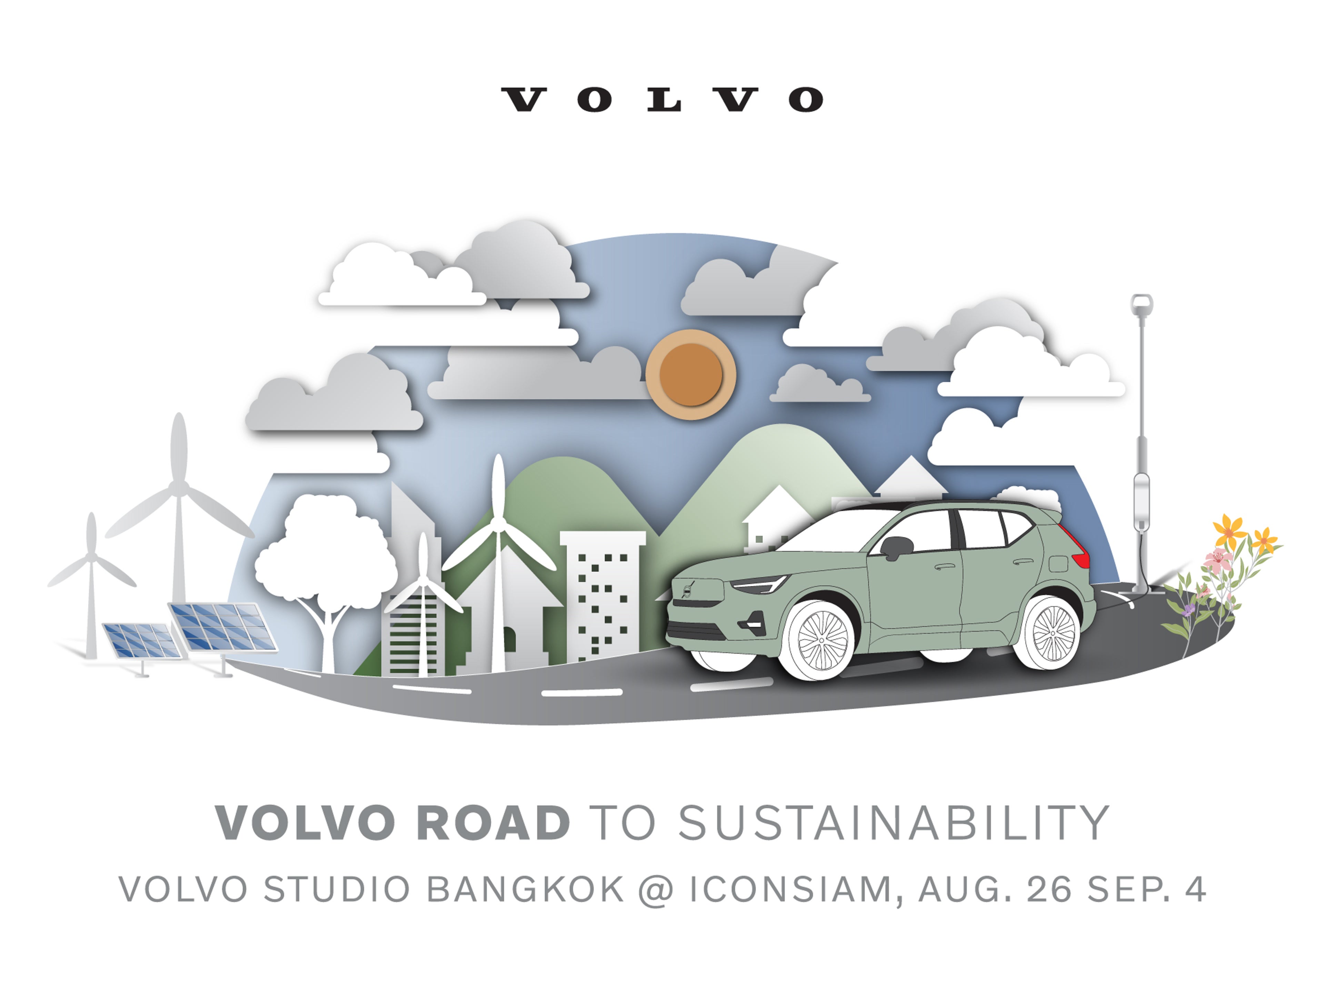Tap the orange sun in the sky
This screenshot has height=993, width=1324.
(x=690, y=374)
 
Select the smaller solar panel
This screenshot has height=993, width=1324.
(x=142, y=641)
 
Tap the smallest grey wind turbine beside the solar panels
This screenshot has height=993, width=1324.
(x=92, y=584)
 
